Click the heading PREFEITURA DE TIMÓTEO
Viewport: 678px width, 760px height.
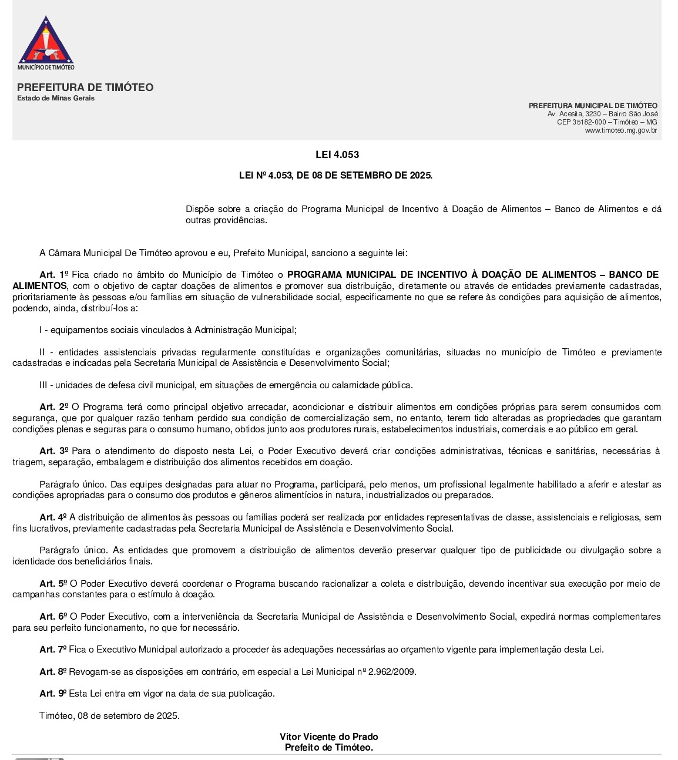point(85,88)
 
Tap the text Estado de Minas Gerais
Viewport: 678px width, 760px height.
point(56,98)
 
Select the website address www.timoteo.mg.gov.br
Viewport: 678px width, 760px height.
point(621,130)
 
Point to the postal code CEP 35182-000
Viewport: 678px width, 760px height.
point(581,122)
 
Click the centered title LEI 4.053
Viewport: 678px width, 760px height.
point(337,155)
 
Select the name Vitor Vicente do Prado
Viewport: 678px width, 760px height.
point(328,737)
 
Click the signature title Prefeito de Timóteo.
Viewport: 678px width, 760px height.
point(328,748)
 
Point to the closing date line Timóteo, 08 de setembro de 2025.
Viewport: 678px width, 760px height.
point(109,716)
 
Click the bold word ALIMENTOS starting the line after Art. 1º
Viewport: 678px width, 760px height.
point(39,286)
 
